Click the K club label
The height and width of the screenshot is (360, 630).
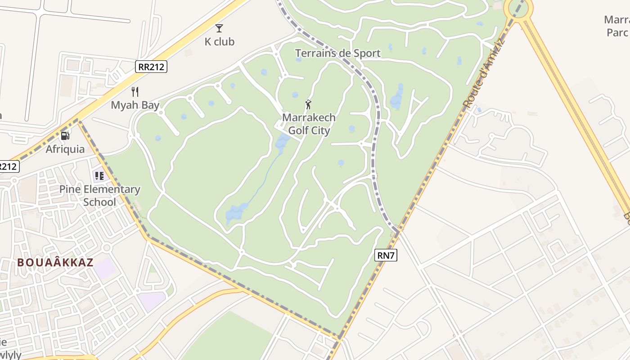coord(220,41)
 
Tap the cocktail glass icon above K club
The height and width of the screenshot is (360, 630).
coord(219,28)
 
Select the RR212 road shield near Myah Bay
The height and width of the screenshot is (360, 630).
coord(151,67)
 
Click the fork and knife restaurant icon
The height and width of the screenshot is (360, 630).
coord(135,92)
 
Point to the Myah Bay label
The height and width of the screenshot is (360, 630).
coord(135,105)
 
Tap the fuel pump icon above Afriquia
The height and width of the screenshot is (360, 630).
coord(65,135)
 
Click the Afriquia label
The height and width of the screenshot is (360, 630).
coord(65,149)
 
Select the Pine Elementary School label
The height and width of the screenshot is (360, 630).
coord(99,195)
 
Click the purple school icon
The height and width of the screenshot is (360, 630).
coord(99,175)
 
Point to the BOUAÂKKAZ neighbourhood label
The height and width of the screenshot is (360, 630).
coord(55,262)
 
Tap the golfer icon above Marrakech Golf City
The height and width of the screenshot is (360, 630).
coord(309,104)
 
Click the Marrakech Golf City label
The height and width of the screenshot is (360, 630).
coord(309,124)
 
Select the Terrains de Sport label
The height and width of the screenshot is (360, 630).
coord(337,53)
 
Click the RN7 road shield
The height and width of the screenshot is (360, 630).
coord(386,256)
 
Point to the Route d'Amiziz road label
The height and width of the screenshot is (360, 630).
coord(484,74)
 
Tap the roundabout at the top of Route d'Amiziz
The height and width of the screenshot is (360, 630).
coord(518,9)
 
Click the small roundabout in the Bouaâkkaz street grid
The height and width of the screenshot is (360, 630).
coord(107,247)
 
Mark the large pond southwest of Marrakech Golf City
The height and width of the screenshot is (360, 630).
coord(236,212)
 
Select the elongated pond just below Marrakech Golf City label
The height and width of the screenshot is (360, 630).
coord(282,143)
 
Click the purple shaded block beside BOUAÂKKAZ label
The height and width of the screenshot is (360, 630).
coord(105,268)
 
